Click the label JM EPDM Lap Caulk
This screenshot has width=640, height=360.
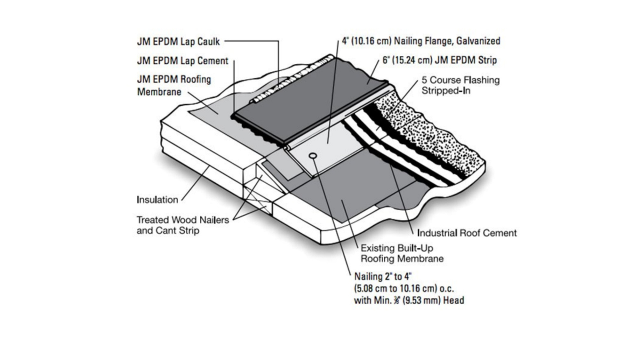pyautogui.click(x=178, y=41)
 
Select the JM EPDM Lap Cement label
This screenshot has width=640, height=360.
pyautogui.click(x=182, y=61)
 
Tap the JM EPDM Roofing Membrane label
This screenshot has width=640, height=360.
pyautogui.click(x=173, y=85)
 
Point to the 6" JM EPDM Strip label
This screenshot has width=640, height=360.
pyautogui.click(x=439, y=60)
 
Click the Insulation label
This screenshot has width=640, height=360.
pyautogui.click(x=157, y=200)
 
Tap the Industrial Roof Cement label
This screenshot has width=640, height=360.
pyautogui.click(x=466, y=233)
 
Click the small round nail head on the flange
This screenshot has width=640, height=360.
pyautogui.click(x=312, y=156)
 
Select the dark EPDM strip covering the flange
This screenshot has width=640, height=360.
pyautogui.click(x=310, y=100)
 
